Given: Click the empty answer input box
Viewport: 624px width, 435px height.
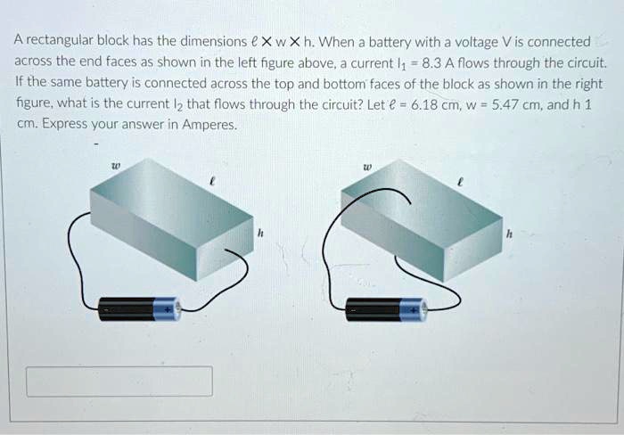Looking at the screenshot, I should [119, 381].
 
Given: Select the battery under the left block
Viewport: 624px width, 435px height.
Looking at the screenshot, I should [139, 309].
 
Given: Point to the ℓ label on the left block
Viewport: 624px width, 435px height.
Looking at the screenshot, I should [210, 180].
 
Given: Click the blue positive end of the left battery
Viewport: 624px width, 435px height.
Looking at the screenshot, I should [167, 309].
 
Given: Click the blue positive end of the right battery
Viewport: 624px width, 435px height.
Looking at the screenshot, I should [415, 309].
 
